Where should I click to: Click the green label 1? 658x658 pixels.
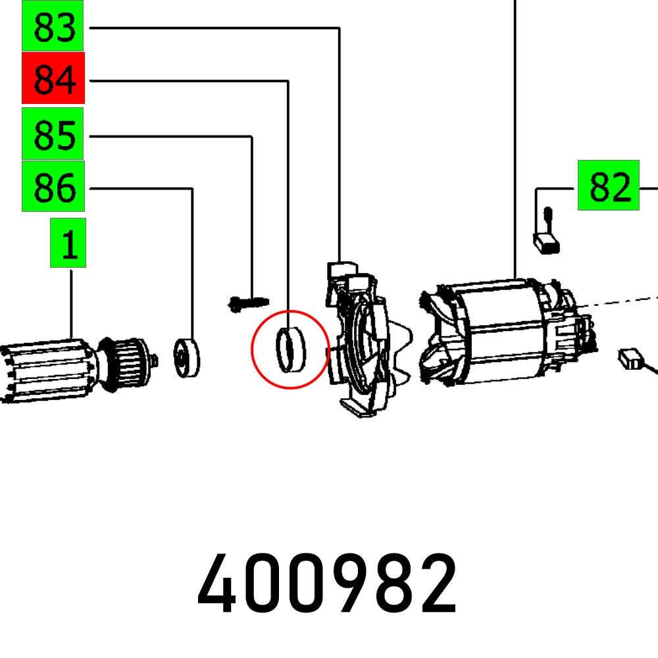pyautogui.click(x=68, y=243)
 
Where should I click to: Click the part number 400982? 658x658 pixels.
pyautogui.click(x=327, y=584)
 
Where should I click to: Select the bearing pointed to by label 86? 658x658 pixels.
pyautogui.click(x=188, y=357)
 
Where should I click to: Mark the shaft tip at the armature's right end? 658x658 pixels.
pyautogui.click(x=155, y=360)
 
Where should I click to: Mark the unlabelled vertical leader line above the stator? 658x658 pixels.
pyautogui.click(x=515, y=132)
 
